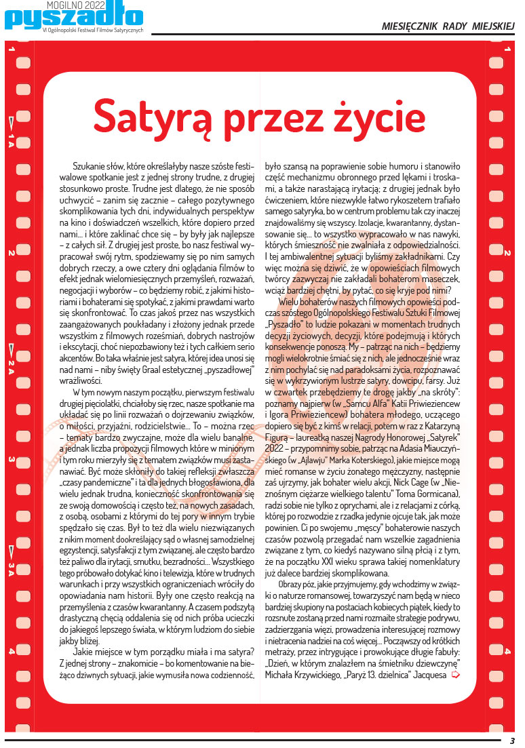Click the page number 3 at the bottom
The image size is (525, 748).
click(x=513, y=741)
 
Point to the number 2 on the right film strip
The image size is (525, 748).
click(x=507, y=253)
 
